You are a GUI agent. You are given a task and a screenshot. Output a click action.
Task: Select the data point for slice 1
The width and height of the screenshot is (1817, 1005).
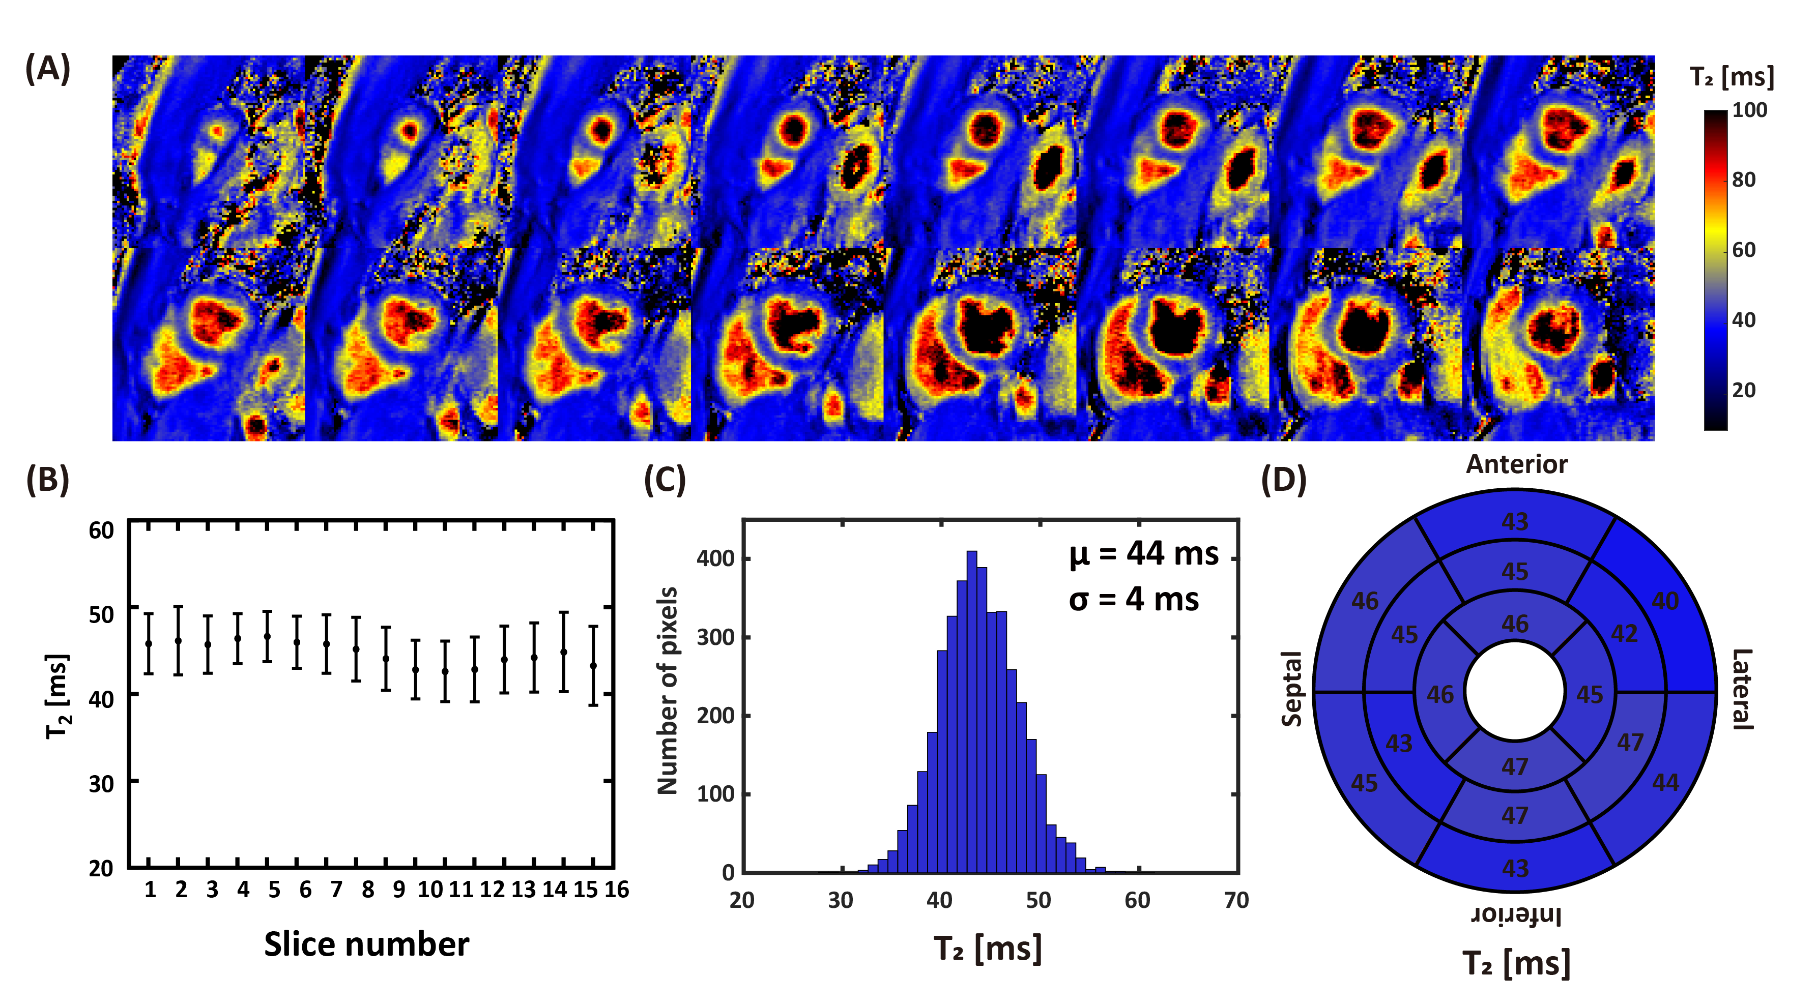tap(149, 643)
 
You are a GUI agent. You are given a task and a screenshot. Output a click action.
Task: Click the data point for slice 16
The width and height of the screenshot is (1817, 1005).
tap(594, 666)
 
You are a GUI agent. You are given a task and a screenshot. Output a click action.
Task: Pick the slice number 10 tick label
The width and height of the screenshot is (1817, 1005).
tap(430, 890)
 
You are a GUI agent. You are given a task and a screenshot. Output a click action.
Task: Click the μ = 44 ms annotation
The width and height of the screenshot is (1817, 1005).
tap(1143, 554)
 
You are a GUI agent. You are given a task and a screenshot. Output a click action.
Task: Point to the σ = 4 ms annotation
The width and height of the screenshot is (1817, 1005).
tap(1134, 600)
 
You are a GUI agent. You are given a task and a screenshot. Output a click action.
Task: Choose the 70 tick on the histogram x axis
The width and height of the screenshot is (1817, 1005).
tap(1236, 901)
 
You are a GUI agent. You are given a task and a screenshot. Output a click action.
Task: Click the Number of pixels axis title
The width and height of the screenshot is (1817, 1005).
tap(667, 691)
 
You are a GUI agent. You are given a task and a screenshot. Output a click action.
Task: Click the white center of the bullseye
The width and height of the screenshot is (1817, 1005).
tap(1515, 692)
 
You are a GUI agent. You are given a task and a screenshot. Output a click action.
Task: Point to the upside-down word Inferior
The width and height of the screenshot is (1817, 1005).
tap(1516, 916)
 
